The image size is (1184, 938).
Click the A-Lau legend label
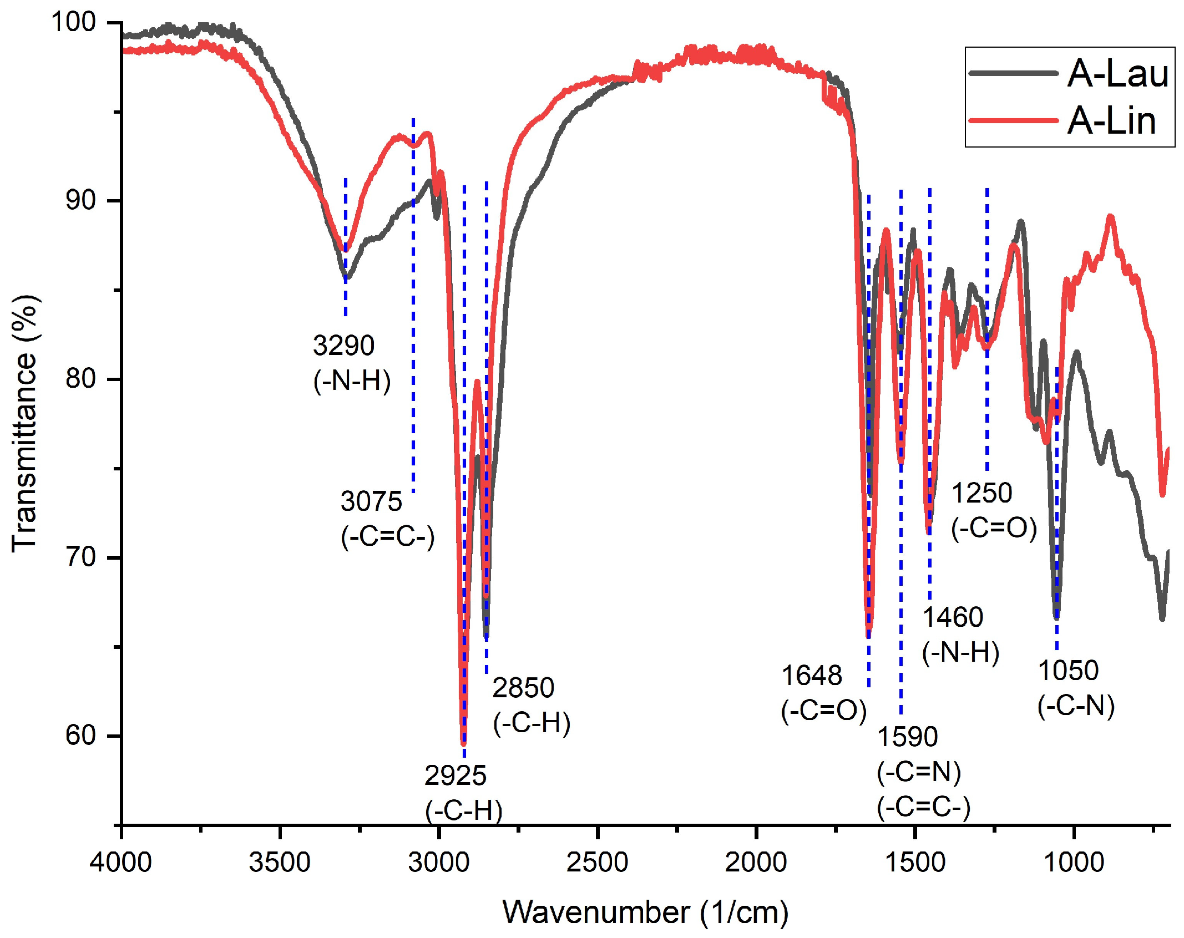point(1117,73)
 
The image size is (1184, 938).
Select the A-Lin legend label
point(1111,121)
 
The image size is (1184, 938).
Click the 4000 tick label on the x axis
point(121,863)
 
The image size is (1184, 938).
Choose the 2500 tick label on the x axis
point(598,863)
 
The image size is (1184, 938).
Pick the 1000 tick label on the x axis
point(1074,863)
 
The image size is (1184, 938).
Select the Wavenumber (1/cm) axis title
point(645,912)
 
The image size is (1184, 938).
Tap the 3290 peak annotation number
point(343,346)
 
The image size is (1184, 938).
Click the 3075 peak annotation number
point(371,501)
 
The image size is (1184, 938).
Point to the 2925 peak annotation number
point(455,775)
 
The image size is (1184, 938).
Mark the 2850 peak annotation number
point(523,688)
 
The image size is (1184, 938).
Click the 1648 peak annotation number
point(812,676)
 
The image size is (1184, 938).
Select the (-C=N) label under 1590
point(919,772)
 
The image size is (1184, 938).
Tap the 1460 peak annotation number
point(953,617)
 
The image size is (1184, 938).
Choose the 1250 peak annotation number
point(981,493)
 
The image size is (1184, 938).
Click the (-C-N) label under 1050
point(1076,706)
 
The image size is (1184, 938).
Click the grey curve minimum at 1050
point(1056,617)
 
